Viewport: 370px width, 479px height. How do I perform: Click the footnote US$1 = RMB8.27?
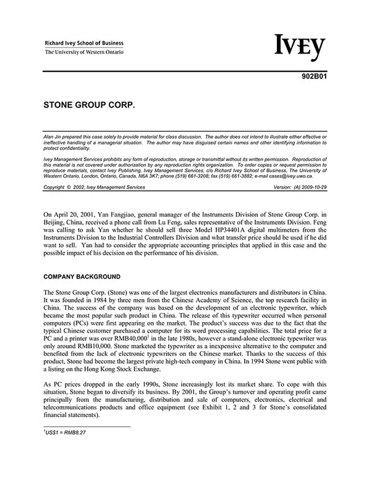pos(65,432)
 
